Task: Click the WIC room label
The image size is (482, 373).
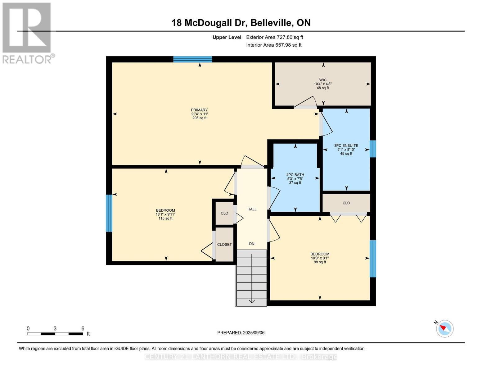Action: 323,80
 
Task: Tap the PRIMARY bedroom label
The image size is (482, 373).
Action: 199,110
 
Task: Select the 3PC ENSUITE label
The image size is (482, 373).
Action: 346,145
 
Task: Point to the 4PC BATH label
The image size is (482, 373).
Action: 295,175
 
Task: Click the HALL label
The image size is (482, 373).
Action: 252,209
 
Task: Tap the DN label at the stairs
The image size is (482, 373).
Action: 252,244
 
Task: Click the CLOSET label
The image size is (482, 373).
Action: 224,245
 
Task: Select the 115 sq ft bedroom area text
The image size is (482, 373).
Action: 165,219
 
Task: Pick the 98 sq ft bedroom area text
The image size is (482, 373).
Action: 320,262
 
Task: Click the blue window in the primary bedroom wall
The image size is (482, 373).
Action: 192,59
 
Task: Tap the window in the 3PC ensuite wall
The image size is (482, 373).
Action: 373,149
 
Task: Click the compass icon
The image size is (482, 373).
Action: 444,328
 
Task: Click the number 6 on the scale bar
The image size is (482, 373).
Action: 83,329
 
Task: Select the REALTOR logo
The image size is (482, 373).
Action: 27,33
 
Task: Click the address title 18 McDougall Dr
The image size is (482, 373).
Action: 241,23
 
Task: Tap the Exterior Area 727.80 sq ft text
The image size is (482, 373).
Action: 274,37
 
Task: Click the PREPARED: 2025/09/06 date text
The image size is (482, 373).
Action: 241,333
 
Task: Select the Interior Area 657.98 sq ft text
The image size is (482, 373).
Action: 274,45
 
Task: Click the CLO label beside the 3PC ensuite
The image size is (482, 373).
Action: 346,203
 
